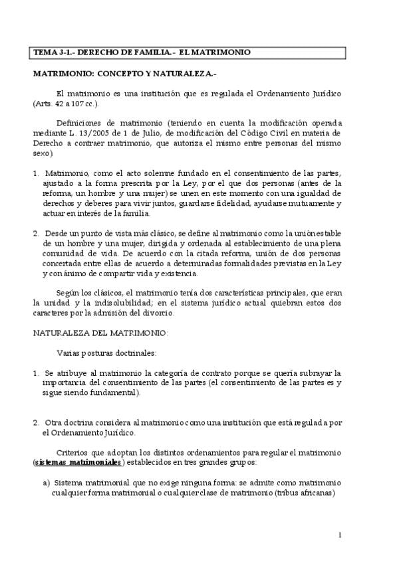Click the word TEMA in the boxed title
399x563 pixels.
tap(46, 52)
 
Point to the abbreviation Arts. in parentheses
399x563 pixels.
tap(45, 104)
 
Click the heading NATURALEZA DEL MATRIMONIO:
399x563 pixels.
tap(101, 332)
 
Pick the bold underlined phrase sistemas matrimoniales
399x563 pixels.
tap(78, 462)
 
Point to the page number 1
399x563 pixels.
tap(339, 535)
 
